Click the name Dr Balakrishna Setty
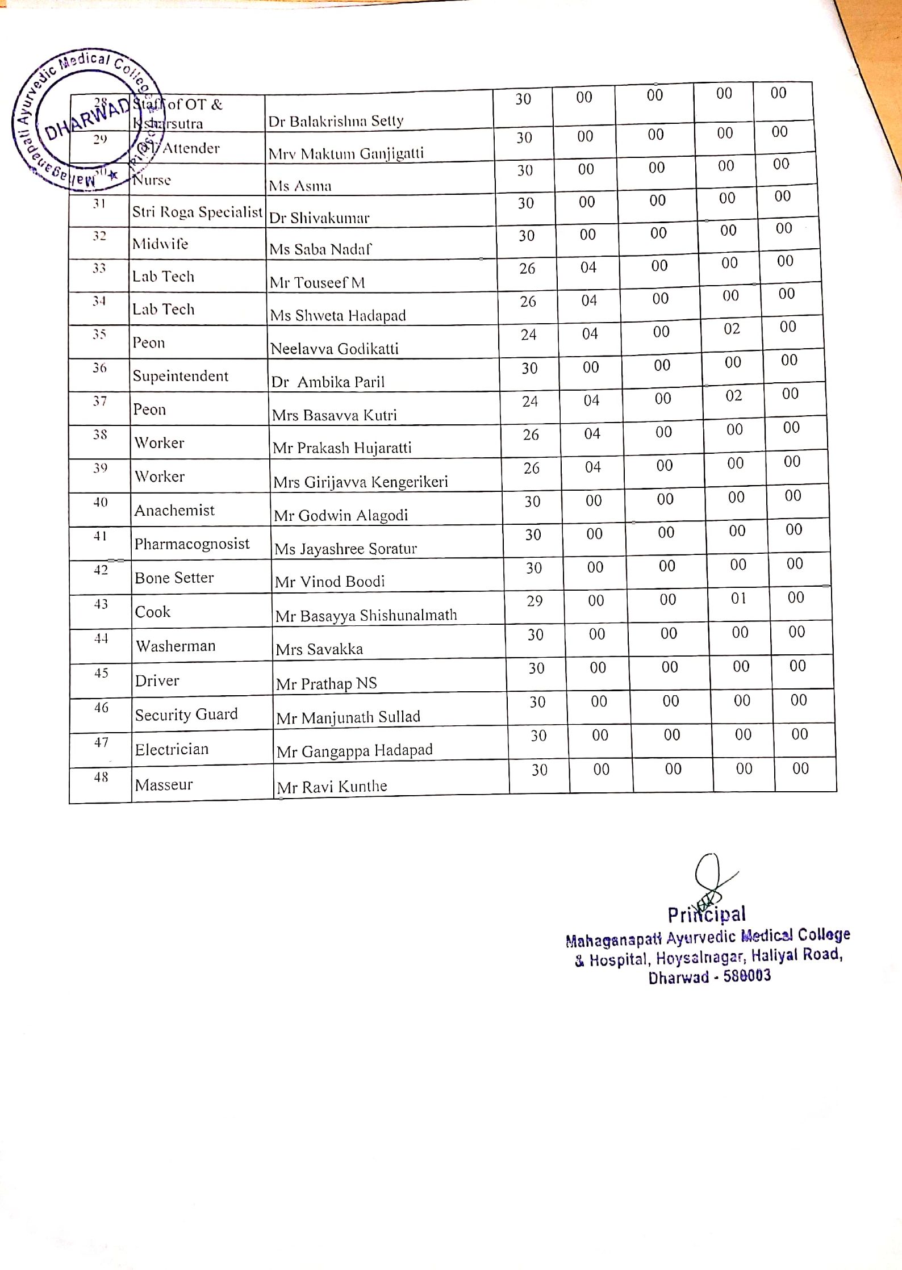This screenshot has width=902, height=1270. coord(336,121)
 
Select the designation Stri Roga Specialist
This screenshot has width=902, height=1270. coord(197,212)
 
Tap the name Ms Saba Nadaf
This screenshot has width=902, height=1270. coord(320,249)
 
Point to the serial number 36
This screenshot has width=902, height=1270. coord(99,368)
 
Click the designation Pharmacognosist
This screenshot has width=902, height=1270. coord(192,544)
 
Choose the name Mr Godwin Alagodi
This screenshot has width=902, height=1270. coord(341,516)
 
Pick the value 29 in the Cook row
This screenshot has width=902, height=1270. coord(534,601)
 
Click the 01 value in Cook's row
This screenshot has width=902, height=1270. coord(738,598)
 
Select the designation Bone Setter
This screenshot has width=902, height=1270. coord(174,578)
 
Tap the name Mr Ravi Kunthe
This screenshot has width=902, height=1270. coord(332,787)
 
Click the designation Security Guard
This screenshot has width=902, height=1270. coord(186,715)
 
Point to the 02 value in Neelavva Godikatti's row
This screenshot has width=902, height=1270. coord(732,329)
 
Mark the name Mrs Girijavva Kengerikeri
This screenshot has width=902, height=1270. coord(361,482)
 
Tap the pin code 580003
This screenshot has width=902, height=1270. coord(747,976)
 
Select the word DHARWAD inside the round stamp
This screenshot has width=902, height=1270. coord(87,119)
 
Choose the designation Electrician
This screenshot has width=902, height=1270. coord(172,750)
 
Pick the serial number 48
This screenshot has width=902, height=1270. coord(101,777)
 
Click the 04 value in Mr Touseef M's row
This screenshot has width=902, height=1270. coord(588,268)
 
